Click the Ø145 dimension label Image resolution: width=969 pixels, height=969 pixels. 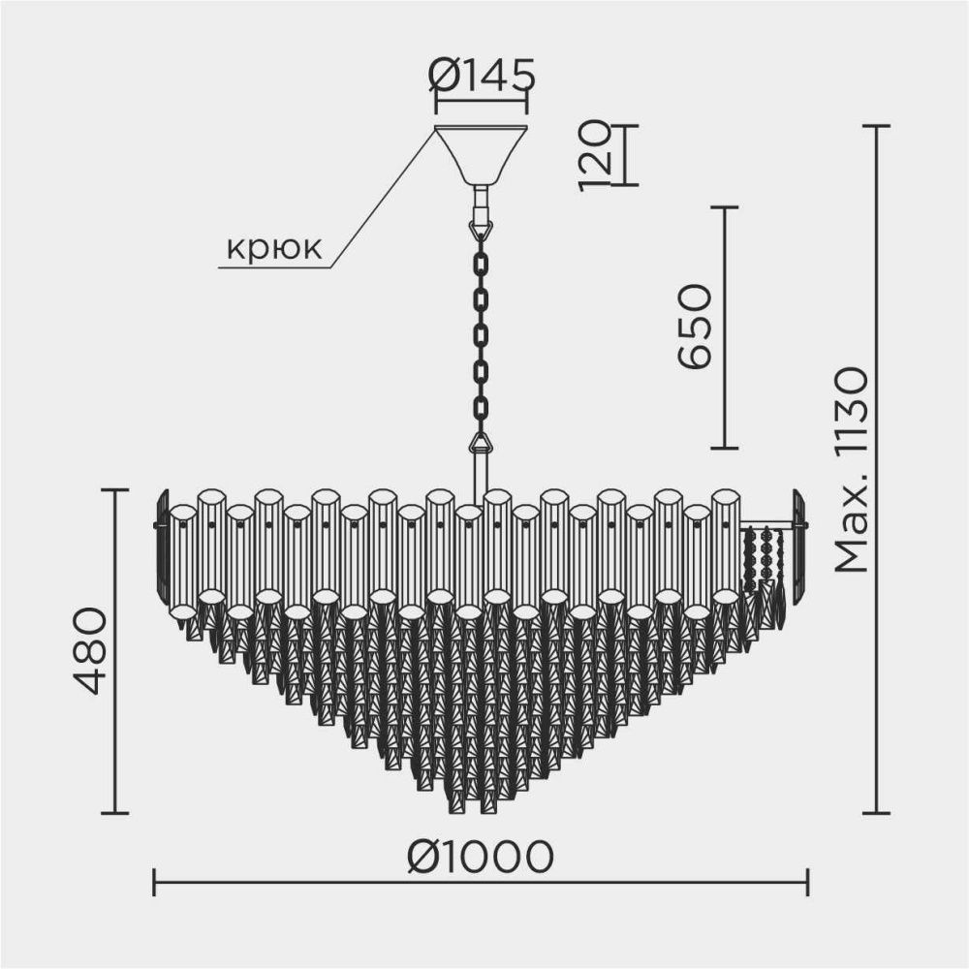[x=482, y=76]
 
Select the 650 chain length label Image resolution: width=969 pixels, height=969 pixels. [x=695, y=327]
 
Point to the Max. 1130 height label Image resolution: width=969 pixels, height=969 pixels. [x=852, y=470]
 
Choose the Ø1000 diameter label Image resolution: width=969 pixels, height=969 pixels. [x=481, y=856]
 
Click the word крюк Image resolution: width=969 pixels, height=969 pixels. [x=274, y=248]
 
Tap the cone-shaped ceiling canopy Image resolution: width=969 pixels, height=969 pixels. [x=481, y=155]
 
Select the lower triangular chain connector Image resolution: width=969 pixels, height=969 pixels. [x=481, y=443]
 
